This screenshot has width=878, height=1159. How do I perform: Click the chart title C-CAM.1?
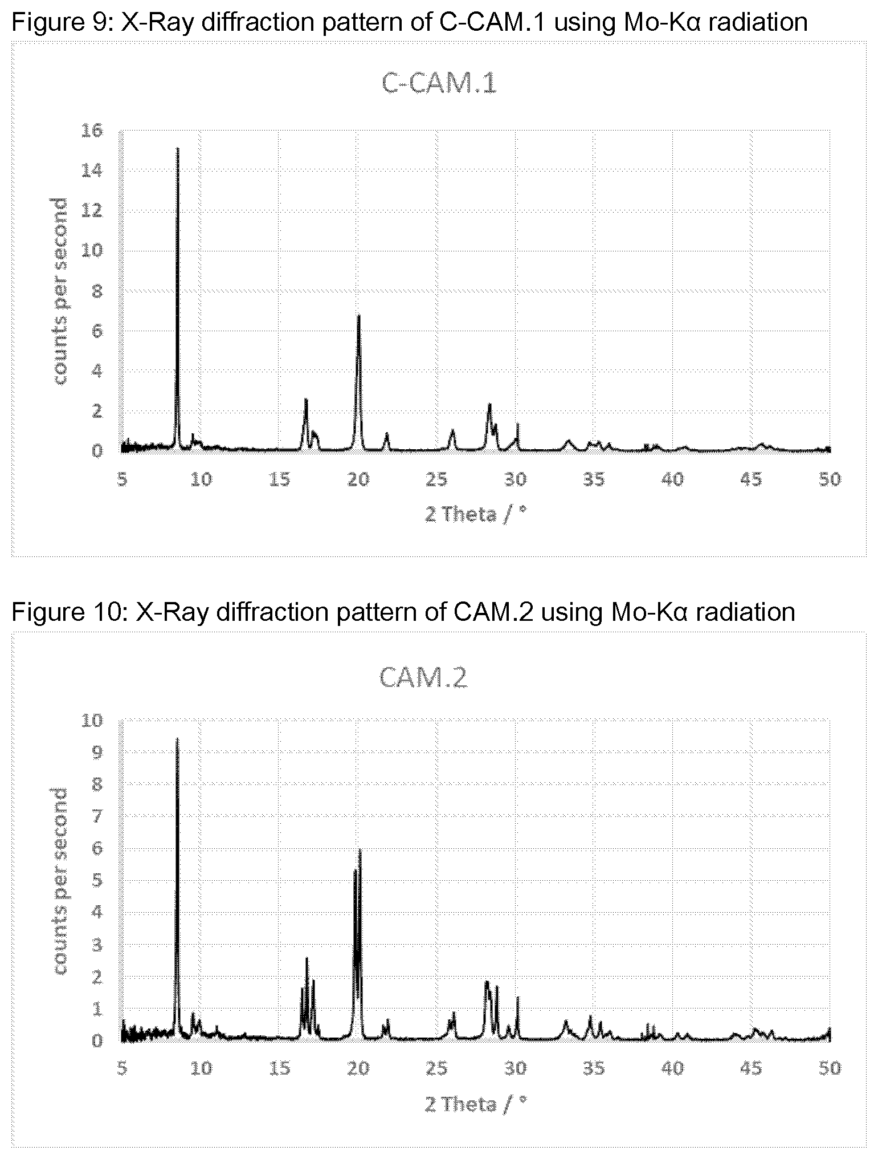click(439, 84)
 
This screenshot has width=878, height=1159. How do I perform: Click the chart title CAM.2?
click(423, 678)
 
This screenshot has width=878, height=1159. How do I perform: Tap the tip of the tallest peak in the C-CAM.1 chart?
click(178, 148)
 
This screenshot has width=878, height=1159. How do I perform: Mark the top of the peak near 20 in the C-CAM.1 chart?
click(358, 315)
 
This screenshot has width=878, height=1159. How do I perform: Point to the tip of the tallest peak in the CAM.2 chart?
click(177, 738)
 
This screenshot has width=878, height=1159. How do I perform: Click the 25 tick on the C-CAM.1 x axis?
click(437, 479)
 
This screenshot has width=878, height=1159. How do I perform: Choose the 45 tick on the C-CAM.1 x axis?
click(752, 479)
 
